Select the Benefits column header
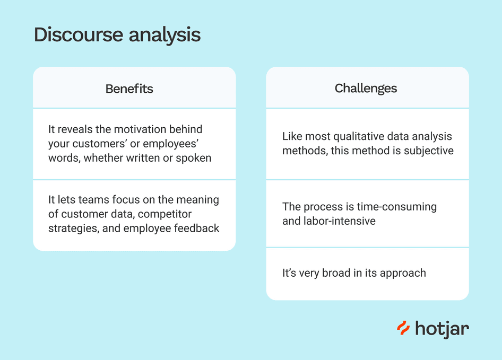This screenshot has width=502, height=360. tap(129, 89)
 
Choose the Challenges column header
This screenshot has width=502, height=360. tap(366, 88)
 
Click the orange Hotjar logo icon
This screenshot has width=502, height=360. tap(403, 328)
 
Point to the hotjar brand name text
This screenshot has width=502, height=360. tap(442, 329)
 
